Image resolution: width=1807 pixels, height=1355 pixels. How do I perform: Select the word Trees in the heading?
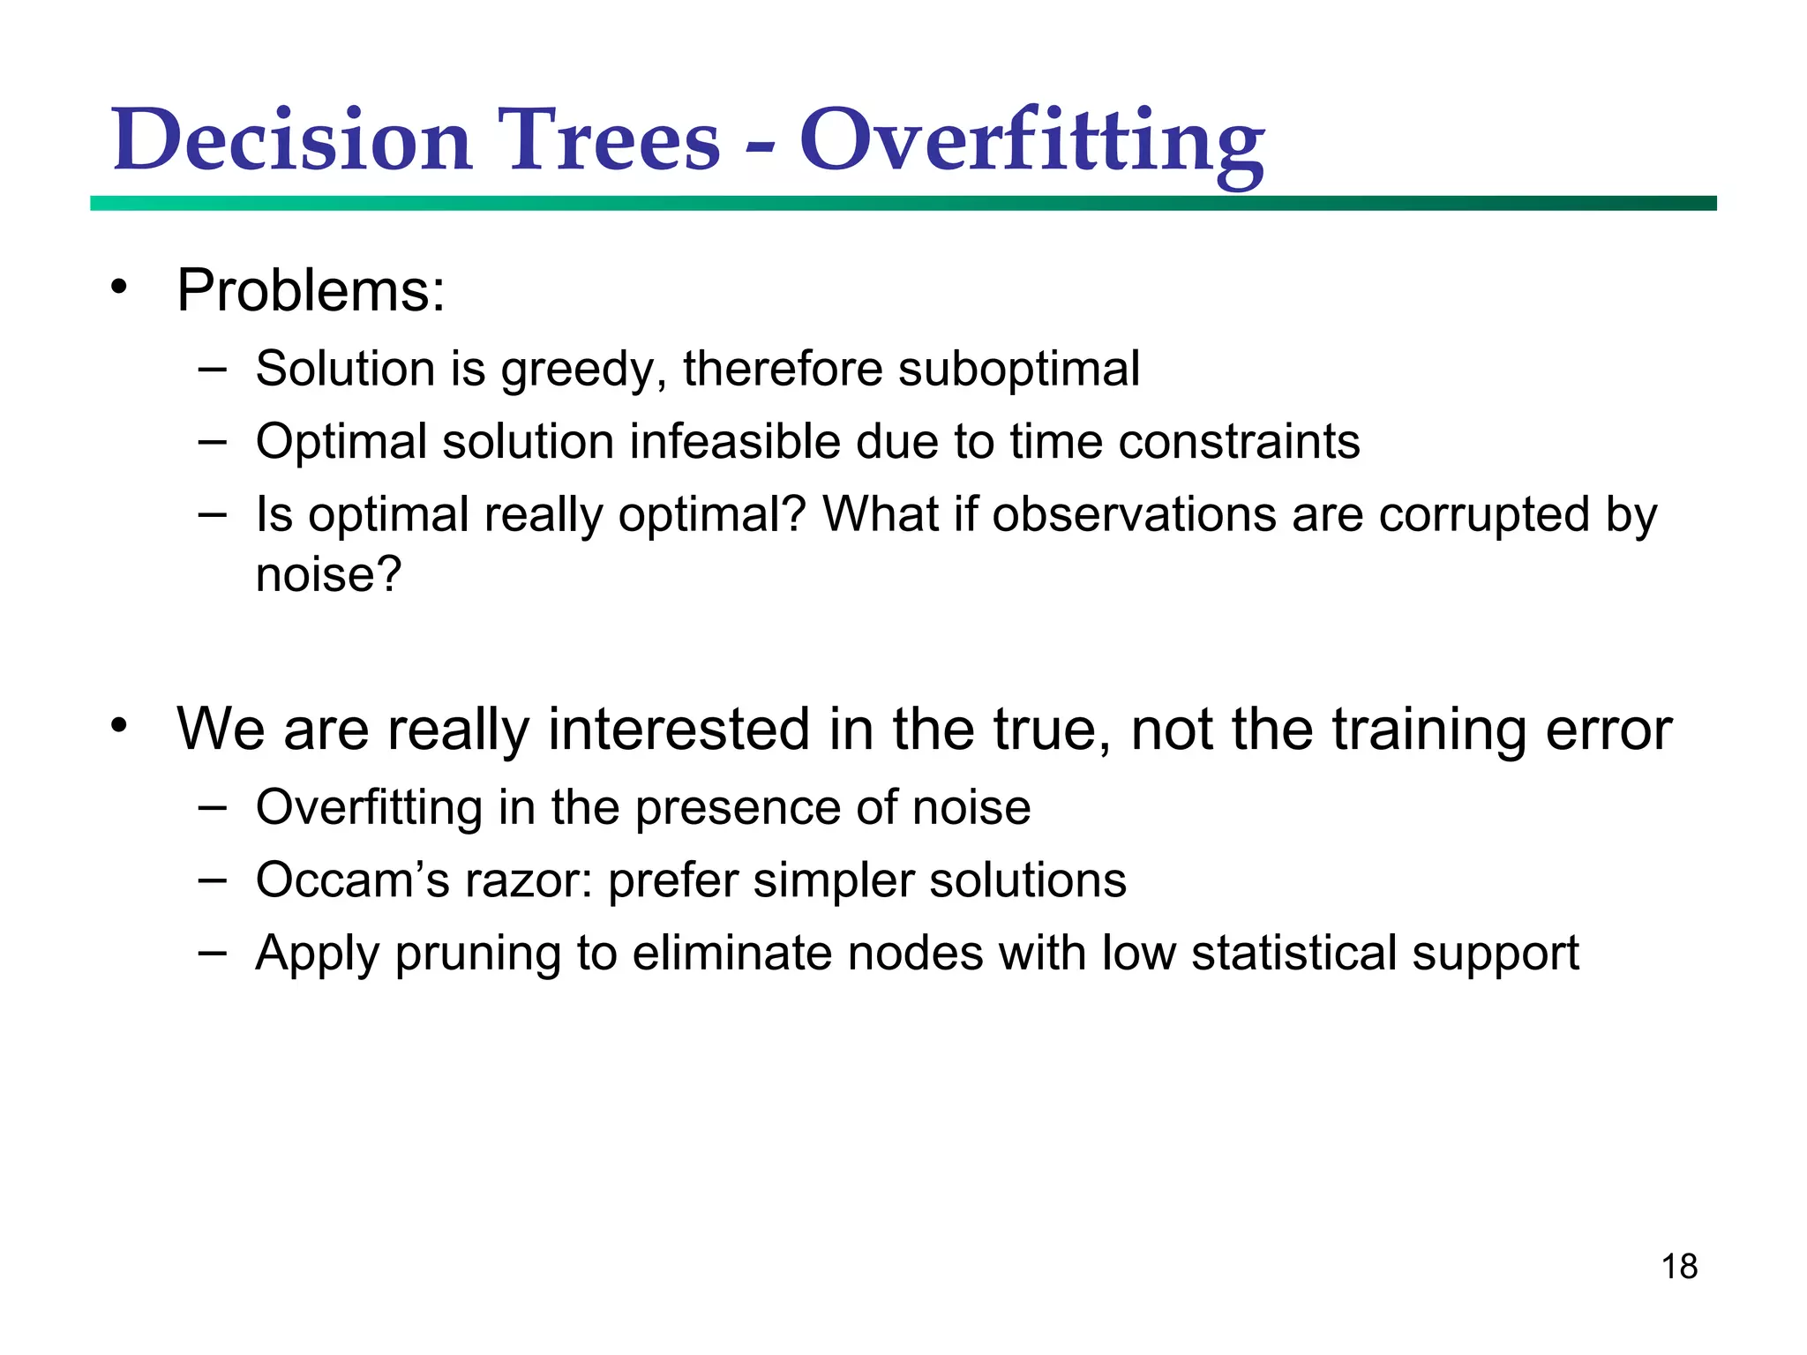pyautogui.click(x=609, y=141)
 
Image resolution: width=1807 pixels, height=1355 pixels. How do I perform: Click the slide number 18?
pyautogui.click(x=1679, y=1267)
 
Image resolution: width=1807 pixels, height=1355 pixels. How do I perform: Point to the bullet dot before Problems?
pyautogui.click(x=119, y=287)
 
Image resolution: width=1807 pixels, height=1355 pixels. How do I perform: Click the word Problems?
pyautogui.click(x=311, y=290)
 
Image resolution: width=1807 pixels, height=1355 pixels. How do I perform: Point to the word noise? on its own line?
pyautogui.click(x=328, y=575)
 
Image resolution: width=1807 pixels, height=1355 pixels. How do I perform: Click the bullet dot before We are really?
pyautogui.click(x=119, y=726)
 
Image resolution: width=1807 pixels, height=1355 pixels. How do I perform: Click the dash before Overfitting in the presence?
pyautogui.click(x=213, y=806)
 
